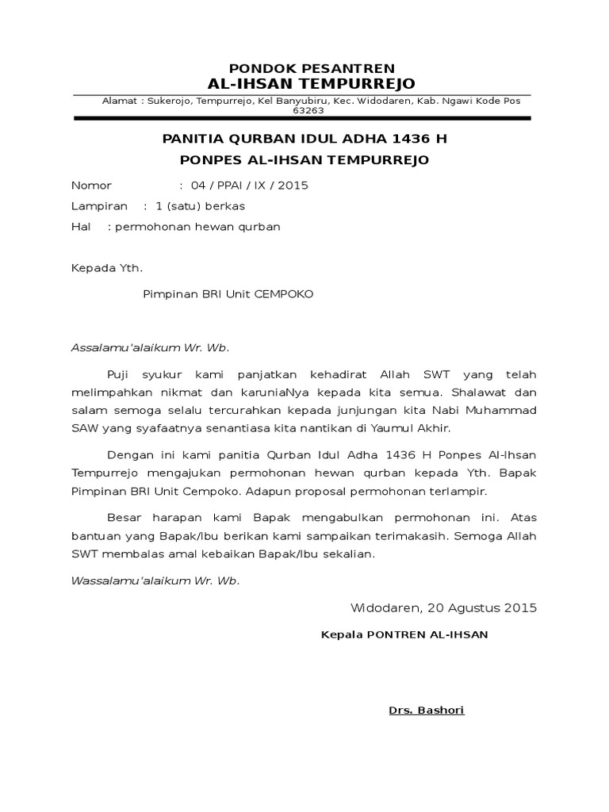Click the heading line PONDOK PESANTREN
coord(312,68)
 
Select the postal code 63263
coord(308,111)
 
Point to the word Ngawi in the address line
coord(460,101)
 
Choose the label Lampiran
coord(99,206)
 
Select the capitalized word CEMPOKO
coord(283,293)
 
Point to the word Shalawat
coord(485,392)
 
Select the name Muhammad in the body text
coord(500,410)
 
